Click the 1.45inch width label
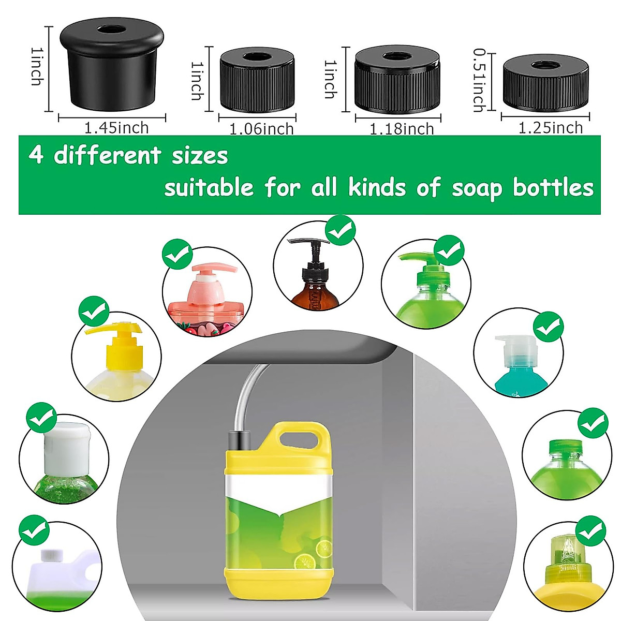(116, 128)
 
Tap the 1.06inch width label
(261, 129)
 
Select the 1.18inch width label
(402, 129)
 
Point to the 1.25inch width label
(551, 128)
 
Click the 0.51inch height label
(479, 80)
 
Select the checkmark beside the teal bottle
(548, 327)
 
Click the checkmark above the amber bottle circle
(340, 231)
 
